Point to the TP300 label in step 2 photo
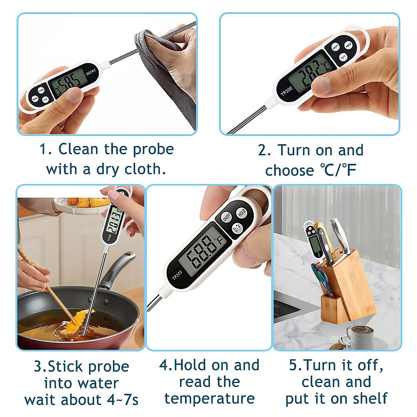286,91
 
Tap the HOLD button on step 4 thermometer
242,213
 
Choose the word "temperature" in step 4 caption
210,399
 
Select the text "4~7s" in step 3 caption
122,400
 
